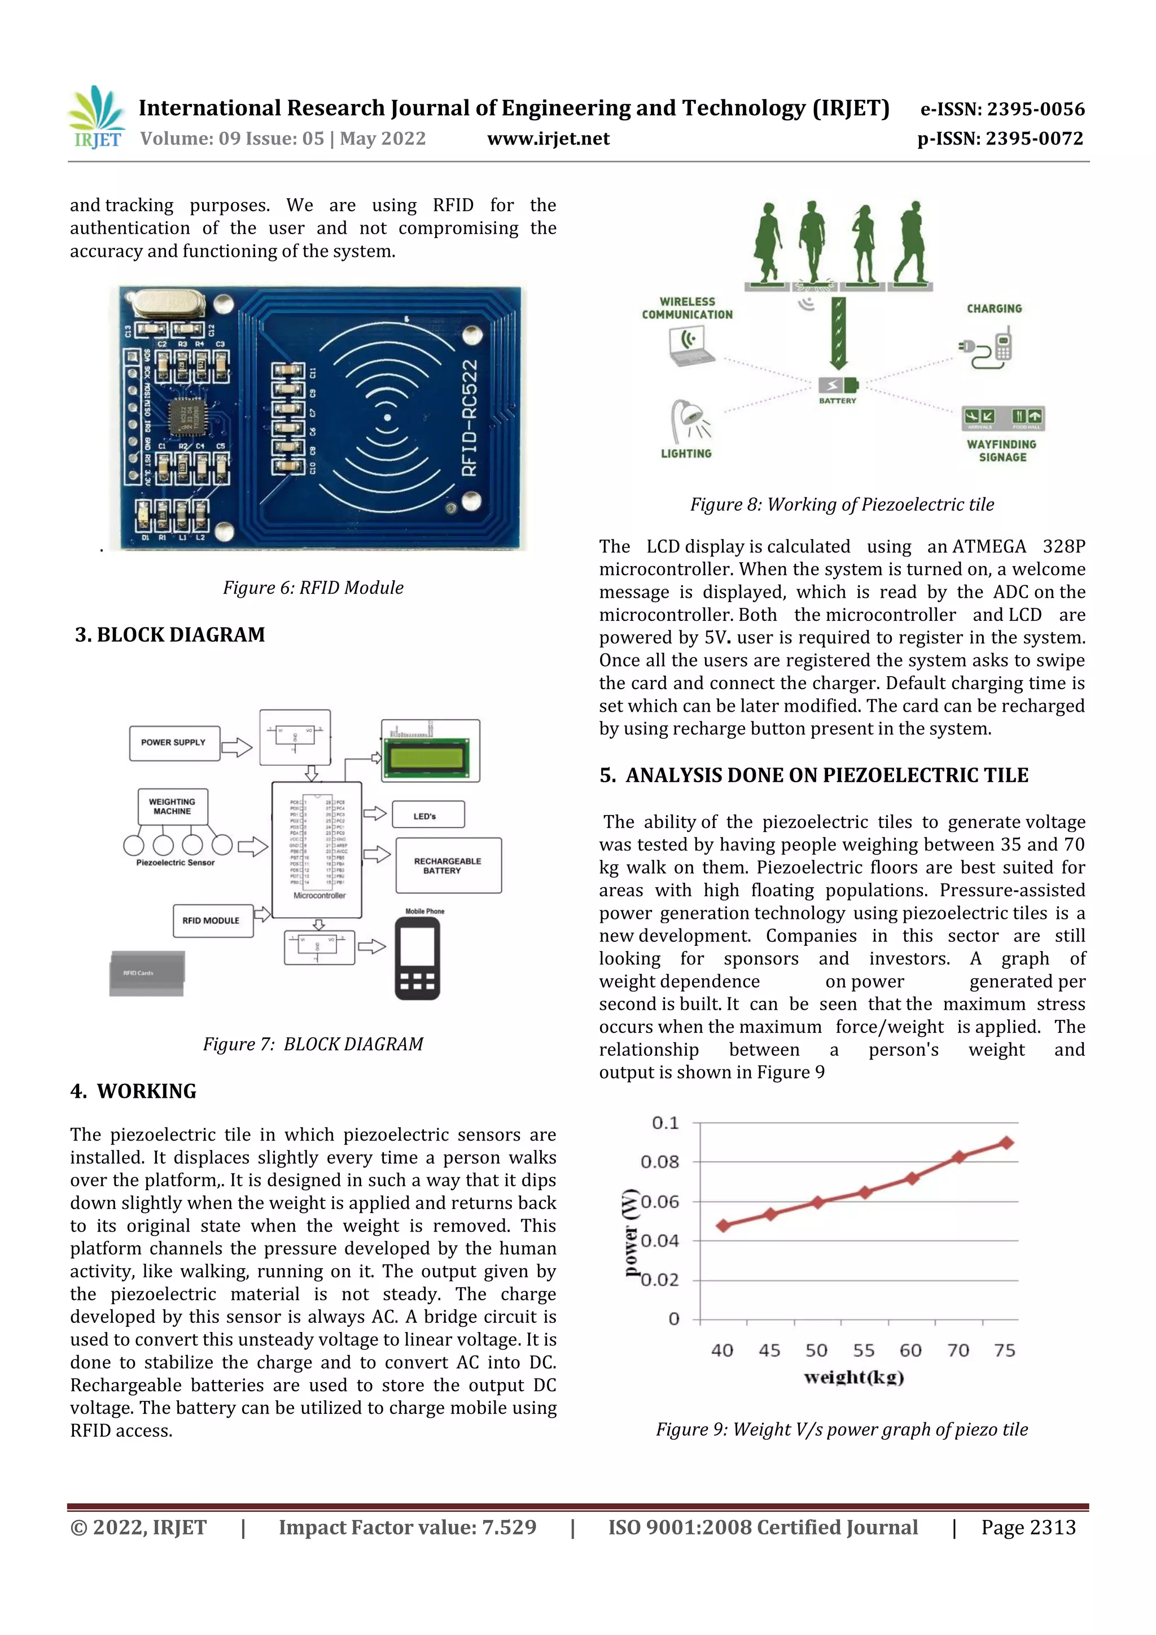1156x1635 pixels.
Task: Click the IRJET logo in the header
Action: (98, 117)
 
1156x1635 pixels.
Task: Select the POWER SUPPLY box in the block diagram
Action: (174, 743)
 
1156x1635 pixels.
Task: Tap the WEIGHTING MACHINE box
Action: (172, 806)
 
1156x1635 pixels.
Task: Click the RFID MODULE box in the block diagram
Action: (212, 920)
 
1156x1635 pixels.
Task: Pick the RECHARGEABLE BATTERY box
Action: (448, 865)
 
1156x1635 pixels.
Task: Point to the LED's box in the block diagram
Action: (427, 814)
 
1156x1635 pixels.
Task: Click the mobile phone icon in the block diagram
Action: (417, 958)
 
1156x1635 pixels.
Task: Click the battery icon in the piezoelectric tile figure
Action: (838, 385)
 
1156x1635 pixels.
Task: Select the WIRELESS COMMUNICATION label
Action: (686, 308)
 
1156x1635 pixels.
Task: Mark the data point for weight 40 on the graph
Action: (723, 1225)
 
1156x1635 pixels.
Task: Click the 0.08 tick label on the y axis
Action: (659, 1162)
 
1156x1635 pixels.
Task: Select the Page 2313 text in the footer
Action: (1028, 1527)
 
